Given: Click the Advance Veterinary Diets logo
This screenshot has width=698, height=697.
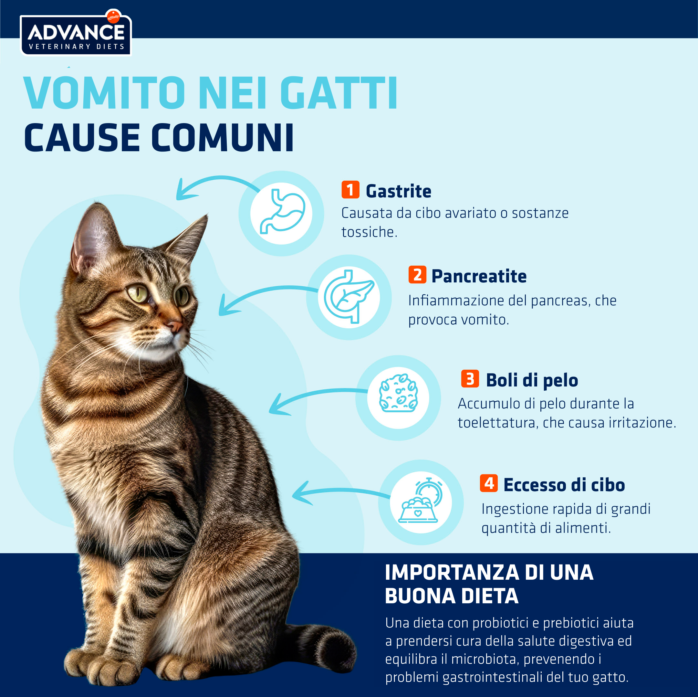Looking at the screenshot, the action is point(76,33).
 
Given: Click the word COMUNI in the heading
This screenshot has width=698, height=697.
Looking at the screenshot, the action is point(222,137).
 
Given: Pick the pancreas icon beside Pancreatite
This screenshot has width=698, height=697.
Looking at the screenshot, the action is point(349,296).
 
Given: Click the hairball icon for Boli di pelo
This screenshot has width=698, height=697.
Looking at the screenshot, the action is point(398,393).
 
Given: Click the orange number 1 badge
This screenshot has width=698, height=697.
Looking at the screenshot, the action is point(350,190).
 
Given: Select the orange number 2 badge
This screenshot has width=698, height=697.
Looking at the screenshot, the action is point(417,275).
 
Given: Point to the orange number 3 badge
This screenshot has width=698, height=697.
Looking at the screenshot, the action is point(470,378).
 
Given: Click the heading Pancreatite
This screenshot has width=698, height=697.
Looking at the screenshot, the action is point(479,276).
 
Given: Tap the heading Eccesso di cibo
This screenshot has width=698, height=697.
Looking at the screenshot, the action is point(564,485).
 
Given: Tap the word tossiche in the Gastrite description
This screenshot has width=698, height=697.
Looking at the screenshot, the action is point(369,232).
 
